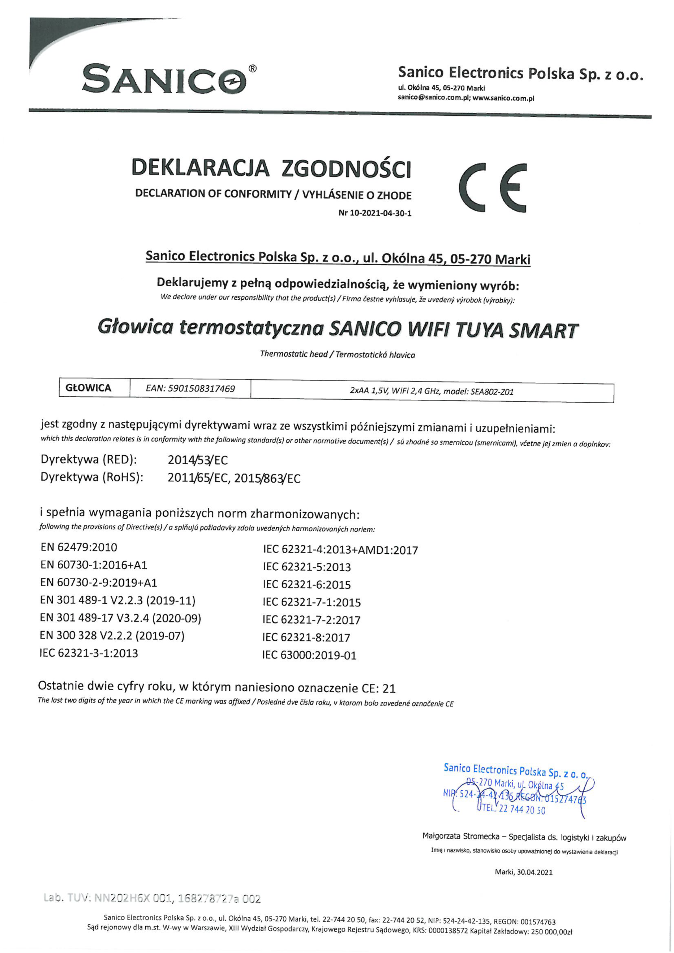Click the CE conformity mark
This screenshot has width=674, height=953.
click(x=493, y=188)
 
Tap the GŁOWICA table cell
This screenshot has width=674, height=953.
click(x=89, y=388)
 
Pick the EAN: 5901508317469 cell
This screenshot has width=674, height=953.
click(x=190, y=389)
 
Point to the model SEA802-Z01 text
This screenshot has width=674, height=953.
click(x=492, y=391)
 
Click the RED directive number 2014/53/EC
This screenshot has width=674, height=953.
click(x=198, y=460)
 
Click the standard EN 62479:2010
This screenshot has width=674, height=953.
click(x=79, y=547)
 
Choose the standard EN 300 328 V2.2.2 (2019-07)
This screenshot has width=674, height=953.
click(x=112, y=635)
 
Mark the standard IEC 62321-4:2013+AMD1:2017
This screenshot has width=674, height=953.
click(x=340, y=550)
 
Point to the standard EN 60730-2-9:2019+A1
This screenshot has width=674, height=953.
click(x=99, y=582)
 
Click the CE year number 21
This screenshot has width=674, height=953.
click(x=389, y=689)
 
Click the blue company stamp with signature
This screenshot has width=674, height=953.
click(x=515, y=791)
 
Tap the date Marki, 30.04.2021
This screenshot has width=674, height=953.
click(x=523, y=872)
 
